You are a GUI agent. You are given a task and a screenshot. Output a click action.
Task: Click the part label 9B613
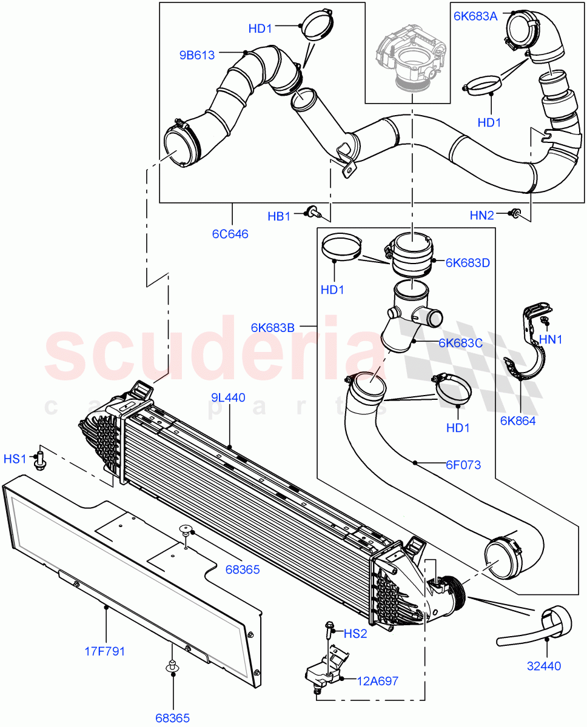click(196, 55)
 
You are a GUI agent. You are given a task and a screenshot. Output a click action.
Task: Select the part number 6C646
click(230, 233)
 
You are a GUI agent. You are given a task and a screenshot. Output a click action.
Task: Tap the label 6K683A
click(475, 16)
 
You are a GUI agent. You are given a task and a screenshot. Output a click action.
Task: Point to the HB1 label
click(279, 216)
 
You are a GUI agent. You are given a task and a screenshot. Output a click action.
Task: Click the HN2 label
click(482, 214)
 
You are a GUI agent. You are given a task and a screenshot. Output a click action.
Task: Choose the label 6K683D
click(467, 263)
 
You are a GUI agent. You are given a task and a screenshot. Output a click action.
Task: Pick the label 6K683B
click(272, 327)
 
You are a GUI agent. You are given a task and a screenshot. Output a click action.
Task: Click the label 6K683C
click(460, 343)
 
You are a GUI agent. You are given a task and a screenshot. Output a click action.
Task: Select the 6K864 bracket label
click(518, 420)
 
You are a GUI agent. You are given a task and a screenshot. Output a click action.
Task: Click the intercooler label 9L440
click(228, 397)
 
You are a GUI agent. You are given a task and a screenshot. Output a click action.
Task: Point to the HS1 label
click(15, 459)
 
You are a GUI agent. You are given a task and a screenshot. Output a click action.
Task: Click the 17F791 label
click(104, 652)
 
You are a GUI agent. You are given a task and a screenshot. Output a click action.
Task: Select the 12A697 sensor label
click(377, 680)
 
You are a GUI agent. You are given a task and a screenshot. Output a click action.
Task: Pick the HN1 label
click(551, 340)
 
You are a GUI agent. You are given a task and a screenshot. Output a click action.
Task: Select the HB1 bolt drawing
click(313, 212)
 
